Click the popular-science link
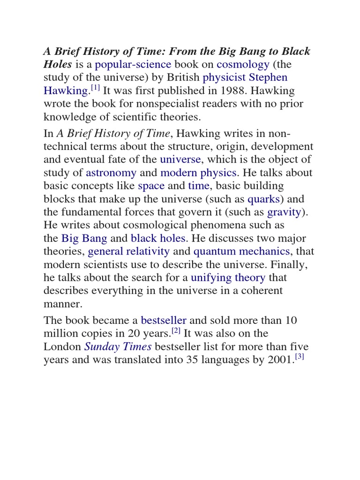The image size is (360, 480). (x=133, y=64)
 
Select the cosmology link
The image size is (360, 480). (x=236, y=64)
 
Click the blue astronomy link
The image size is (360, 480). (x=111, y=173)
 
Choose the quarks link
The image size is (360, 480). (x=264, y=199)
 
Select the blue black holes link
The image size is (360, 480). (x=158, y=238)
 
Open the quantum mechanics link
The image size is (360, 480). (x=242, y=251)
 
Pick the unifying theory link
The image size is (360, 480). (x=228, y=277)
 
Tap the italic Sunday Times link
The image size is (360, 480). (x=118, y=347)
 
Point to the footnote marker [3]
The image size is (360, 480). (x=300, y=358)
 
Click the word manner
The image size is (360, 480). (x=63, y=304)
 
